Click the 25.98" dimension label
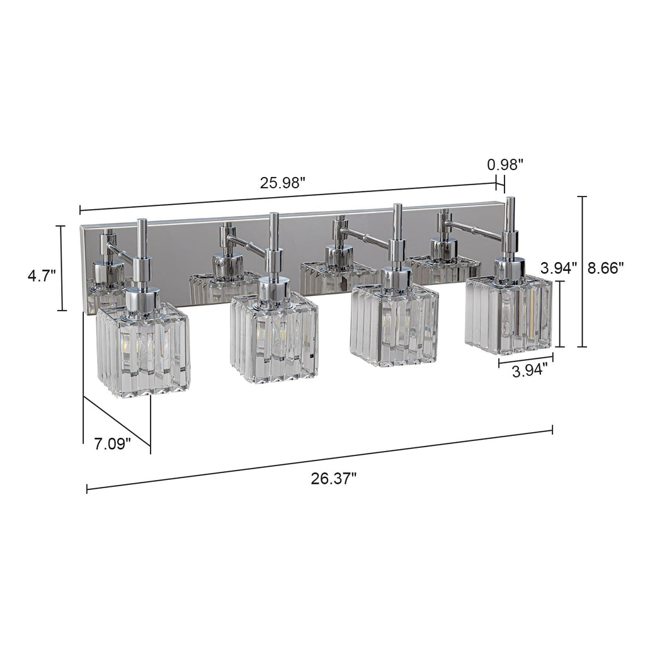point(283,183)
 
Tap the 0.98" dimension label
point(505,165)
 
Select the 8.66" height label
point(605,268)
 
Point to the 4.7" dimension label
point(42,275)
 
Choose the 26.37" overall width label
point(333,478)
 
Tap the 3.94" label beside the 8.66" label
point(559,268)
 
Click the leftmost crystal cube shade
point(144,350)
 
